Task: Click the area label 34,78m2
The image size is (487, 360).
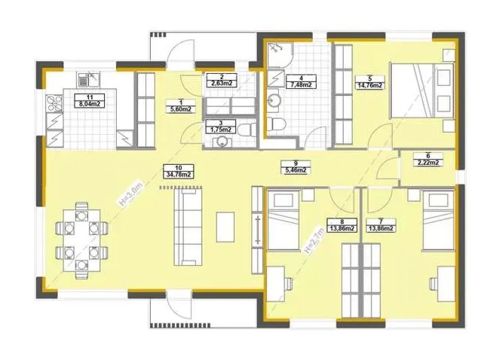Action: pos(179,175)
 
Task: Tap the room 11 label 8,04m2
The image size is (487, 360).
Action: pos(90,104)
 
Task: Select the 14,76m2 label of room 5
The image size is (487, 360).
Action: pos(369,85)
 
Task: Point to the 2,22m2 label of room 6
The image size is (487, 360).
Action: pos(428,163)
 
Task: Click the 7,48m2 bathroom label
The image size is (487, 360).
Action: pos(302,84)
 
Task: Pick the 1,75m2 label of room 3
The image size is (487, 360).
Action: pos(221,130)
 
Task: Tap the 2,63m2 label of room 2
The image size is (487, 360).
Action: pos(222,83)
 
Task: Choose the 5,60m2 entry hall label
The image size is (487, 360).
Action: pos(181,109)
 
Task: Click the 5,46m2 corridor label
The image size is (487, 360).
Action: pos(296,169)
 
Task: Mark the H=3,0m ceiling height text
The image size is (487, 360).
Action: pos(130,194)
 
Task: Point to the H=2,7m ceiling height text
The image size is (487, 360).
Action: pos(314,240)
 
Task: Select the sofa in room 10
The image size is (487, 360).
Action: pos(188,227)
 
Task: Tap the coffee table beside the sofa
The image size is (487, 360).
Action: pos(225,227)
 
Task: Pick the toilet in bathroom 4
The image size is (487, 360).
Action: pos(277,124)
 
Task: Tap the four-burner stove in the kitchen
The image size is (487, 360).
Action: pos(54,103)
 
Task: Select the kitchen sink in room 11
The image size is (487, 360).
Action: pos(88,79)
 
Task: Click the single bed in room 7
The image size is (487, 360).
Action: pos(438,221)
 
